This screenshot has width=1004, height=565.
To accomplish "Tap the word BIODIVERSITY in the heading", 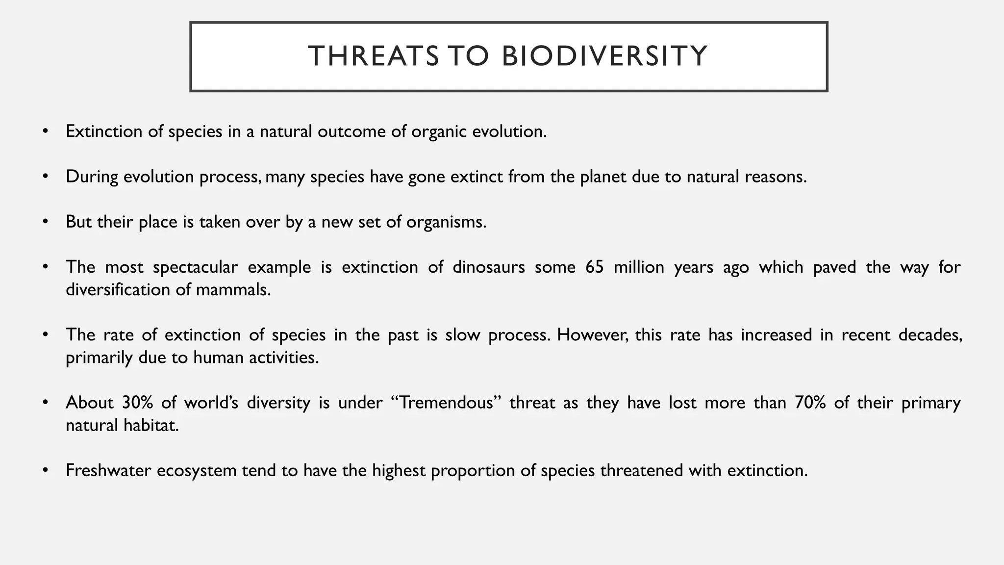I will coord(604,56).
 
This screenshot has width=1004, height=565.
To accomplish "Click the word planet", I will coord(603,177).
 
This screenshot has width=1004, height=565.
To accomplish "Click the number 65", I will coord(594,267).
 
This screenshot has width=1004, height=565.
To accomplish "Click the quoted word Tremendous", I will coord(446,403).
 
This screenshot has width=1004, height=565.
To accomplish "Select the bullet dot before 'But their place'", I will coord(46,222).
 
